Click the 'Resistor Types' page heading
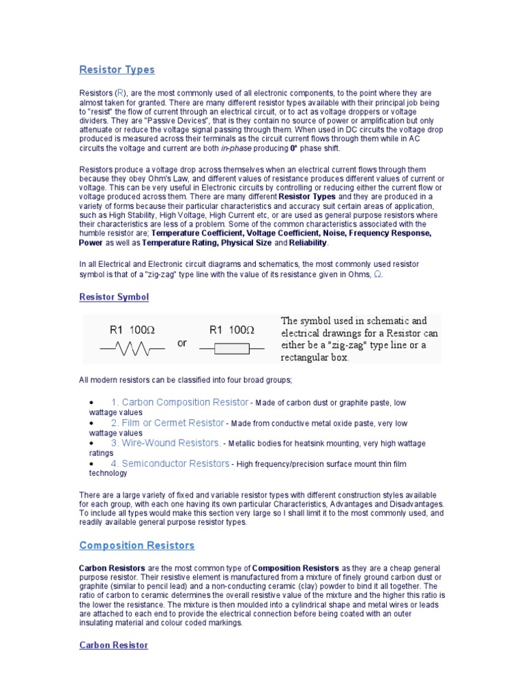(x=117, y=70)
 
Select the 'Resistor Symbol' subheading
(x=113, y=298)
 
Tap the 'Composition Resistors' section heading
(x=136, y=545)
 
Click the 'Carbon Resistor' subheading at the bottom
(x=113, y=645)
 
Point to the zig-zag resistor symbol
(x=132, y=349)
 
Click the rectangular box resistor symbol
(x=231, y=349)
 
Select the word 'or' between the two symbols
(x=181, y=343)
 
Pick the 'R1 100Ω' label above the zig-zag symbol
(x=132, y=330)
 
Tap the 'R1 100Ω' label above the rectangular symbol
(x=231, y=330)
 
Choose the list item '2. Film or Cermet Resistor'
(x=167, y=423)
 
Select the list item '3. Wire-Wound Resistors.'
(x=166, y=444)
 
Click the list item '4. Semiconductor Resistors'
(x=170, y=464)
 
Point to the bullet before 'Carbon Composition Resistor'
(x=91, y=403)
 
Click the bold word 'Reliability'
(x=308, y=242)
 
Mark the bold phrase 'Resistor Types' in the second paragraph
(x=307, y=197)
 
